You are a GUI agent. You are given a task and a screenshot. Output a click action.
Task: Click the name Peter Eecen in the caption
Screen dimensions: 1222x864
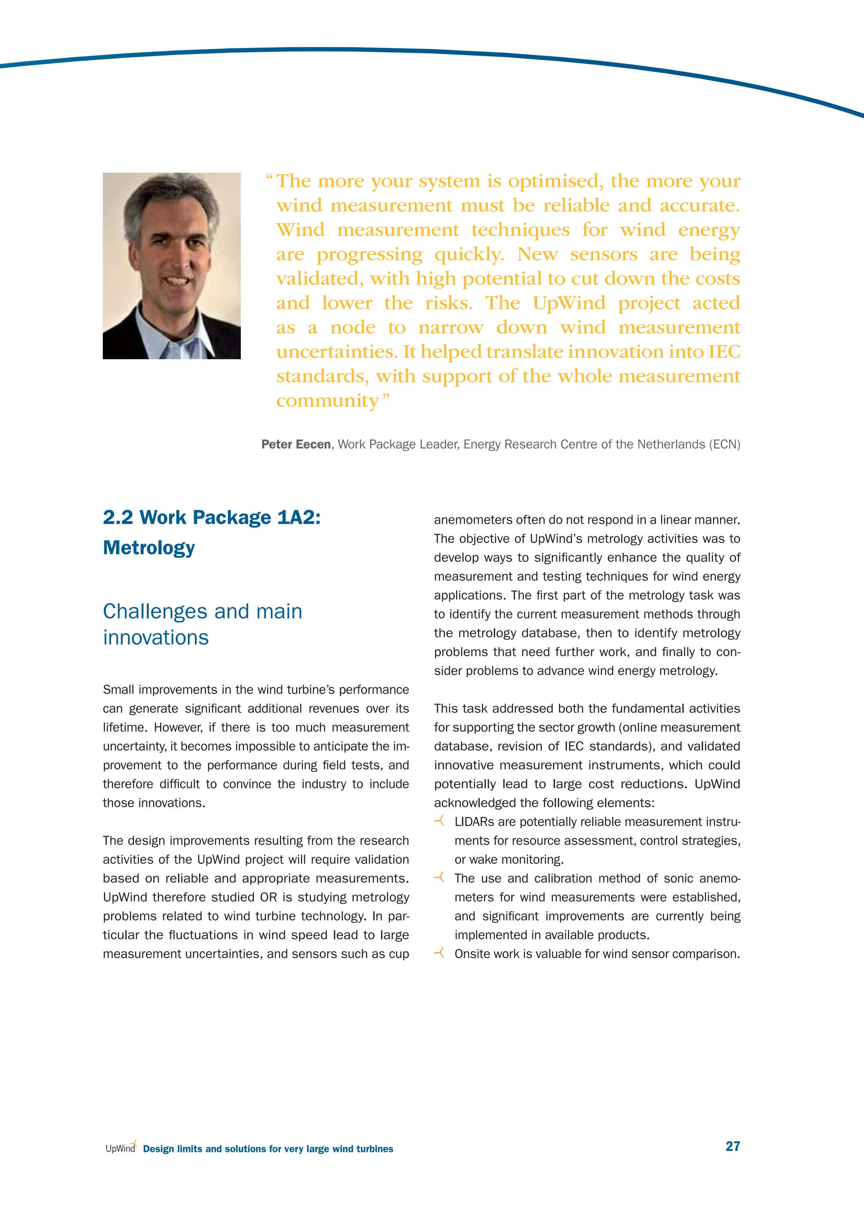coord(296,444)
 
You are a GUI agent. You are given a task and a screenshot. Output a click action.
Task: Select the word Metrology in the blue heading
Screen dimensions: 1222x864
coord(149,548)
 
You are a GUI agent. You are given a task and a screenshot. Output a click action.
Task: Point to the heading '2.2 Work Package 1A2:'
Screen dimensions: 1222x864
coord(212,517)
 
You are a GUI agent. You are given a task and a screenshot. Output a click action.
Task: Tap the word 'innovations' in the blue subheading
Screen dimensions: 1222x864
coord(156,638)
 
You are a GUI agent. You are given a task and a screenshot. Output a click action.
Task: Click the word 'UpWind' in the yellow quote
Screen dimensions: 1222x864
coord(569,303)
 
